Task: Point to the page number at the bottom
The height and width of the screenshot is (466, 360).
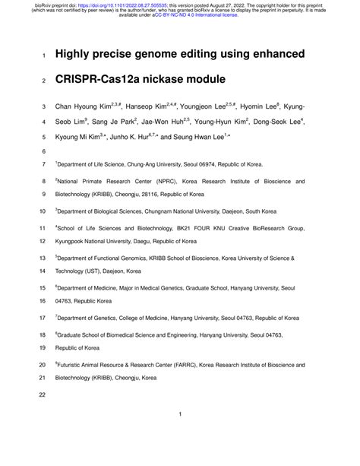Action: pyautogui.click(x=180, y=414)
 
